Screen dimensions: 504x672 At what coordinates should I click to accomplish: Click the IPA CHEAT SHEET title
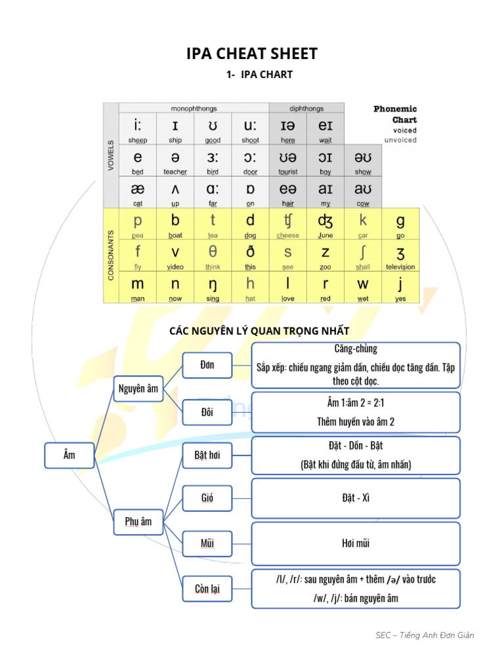(x=252, y=54)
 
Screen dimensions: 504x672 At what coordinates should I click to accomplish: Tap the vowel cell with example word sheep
(x=137, y=129)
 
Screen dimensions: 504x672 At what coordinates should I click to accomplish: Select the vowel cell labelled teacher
(x=175, y=161)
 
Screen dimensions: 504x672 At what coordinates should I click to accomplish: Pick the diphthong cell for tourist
(x=287, y=161)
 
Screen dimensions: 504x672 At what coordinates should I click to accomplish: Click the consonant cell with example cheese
(x=287, y=224)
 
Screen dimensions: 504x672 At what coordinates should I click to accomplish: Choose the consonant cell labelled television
(x=400, y=256)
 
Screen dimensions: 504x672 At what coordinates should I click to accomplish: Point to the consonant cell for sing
(x=213, y=287)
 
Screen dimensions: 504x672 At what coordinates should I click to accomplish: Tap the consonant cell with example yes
(x=400, y=287)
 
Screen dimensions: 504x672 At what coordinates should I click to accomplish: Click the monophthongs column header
(x=194, y=108)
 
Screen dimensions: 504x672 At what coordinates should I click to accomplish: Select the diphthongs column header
(x=306, y=108)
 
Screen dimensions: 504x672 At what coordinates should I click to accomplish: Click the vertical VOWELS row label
(x=110, y=156)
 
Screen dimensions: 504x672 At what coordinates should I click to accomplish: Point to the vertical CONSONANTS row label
(x=110, y=255)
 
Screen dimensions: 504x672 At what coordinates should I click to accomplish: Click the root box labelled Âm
(x=70, y=455)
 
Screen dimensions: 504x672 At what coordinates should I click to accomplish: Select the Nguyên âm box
(x=138, y=389)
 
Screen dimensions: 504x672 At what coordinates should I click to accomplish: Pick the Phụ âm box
(x=138, y=522)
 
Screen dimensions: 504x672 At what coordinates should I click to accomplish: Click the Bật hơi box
(x=207, y=456)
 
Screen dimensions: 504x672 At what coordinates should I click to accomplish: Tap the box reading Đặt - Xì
(x=356, y=499)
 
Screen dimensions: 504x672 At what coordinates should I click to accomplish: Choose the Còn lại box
(x=207, y=589)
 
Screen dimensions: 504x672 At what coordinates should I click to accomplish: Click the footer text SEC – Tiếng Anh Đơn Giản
(x=425, y=635)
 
